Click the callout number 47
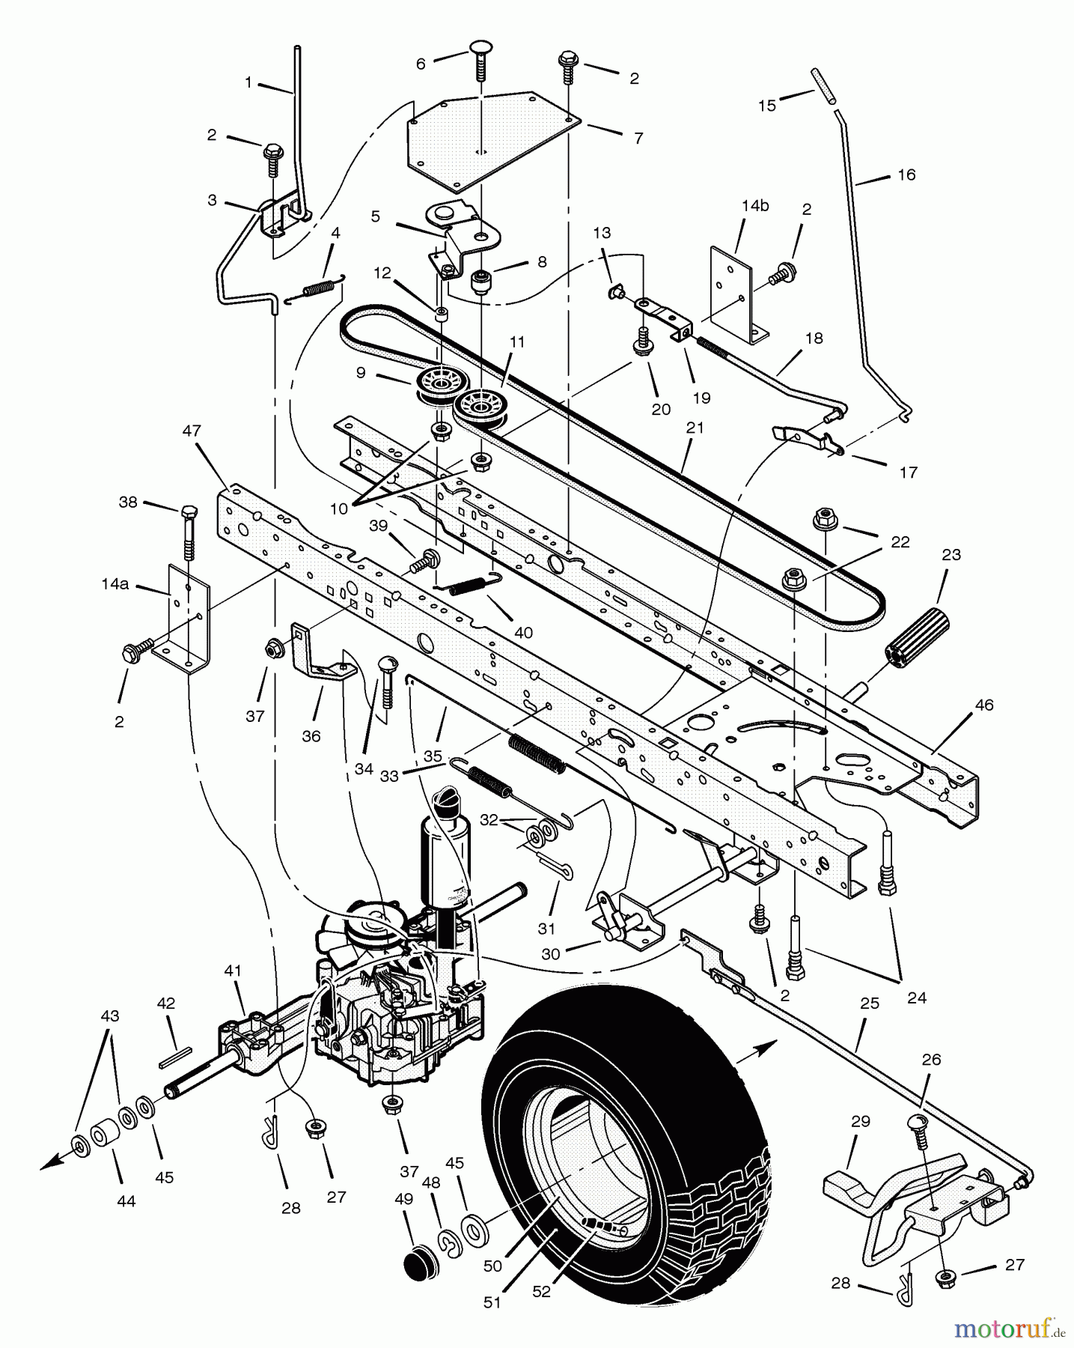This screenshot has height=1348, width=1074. pos(192,431)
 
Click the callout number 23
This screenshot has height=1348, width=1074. pos(951,555)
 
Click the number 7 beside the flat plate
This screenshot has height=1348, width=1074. pos(638,138)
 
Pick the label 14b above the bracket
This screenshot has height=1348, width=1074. pos(755,206)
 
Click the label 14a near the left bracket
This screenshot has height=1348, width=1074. pos(115,584)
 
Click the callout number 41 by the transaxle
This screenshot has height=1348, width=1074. pos(233,971)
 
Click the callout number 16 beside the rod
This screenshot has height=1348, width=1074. pos(906,174)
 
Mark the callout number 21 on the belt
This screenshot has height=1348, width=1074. pos(695,428)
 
